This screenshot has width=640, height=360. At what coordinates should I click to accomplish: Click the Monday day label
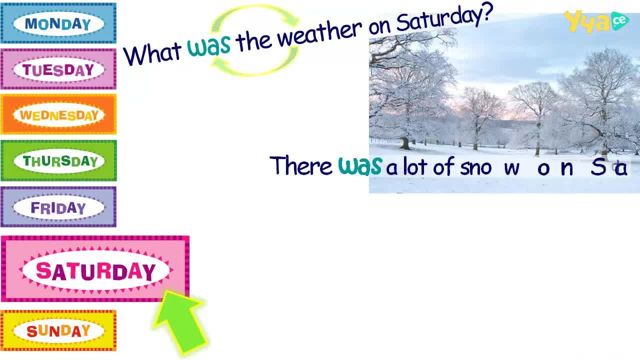click(x=58, y=23)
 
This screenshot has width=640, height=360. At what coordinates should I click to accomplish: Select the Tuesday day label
click(x=58, y=69)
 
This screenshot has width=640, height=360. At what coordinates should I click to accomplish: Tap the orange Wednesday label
click(x=58, y=114)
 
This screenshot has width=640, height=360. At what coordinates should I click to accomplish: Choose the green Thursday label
click(x=58, y=160)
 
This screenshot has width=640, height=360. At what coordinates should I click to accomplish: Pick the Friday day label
click(x=58, y=207)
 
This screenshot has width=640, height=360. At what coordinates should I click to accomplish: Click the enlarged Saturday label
click(x=95, y=269)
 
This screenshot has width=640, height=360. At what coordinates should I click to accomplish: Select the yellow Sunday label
click(x=58, y=330)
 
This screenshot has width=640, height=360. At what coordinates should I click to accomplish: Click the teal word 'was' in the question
click(x=209, y=45)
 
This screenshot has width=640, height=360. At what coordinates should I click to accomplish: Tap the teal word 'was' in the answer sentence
click(x=359, y=165)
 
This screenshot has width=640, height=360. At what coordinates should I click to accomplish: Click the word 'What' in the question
click(x=152, y=53)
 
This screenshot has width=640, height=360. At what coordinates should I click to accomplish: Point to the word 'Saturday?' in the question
click(x=444, y=17)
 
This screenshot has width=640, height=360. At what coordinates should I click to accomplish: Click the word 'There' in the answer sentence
click(x=300, y=165)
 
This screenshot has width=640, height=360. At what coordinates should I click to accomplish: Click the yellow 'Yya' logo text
click(x=587, y=21)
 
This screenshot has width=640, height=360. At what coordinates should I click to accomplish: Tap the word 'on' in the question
click(x=379, y=26)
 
